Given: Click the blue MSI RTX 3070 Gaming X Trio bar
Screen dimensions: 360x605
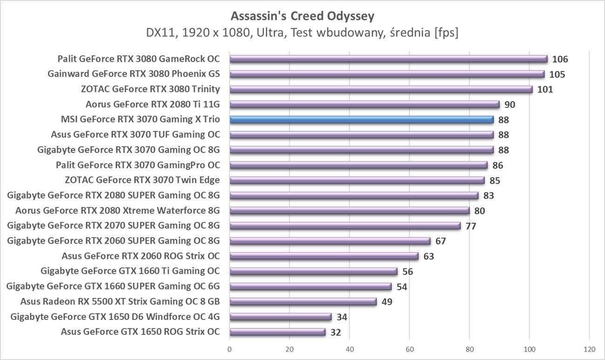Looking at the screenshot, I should click(x=361, y=120).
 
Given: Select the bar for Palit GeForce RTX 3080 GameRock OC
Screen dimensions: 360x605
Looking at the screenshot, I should click(x=388, y=59).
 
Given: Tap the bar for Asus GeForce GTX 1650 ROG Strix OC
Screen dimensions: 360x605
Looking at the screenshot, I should click(x=277, y=332).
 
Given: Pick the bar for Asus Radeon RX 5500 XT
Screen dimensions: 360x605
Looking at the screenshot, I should click(x=303, y=302).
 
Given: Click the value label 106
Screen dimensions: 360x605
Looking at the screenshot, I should click(x=560, y=59).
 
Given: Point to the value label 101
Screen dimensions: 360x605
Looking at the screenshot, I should click(x=545, y=89).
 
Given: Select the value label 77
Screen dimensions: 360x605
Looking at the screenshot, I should click(x=471, y=226).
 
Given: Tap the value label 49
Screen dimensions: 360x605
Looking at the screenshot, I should click(x=387, y=302).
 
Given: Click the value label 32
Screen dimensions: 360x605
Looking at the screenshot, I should click(x=336, y=332).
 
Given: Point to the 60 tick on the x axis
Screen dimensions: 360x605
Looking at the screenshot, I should click(x=410, y=349).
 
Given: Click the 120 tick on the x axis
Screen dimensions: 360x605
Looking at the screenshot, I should click(x=589, y=349).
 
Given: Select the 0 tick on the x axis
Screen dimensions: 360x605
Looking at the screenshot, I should click(x=229, y=349).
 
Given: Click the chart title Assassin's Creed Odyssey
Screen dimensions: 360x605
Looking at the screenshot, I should click(x=302, y=16).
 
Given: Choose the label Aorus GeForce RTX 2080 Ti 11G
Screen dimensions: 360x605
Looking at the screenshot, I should click(x=153, y=104).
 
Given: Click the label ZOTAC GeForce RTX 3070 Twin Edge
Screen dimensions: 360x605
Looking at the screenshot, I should click(x=142, y=180).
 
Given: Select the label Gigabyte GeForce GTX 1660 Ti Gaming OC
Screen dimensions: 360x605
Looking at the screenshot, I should click(x=130, y=271).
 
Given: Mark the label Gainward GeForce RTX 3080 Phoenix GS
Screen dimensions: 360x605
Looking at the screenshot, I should click(x=134, y=74).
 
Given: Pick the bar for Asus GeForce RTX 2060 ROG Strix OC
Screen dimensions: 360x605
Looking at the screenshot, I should click(x=324, y=256).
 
